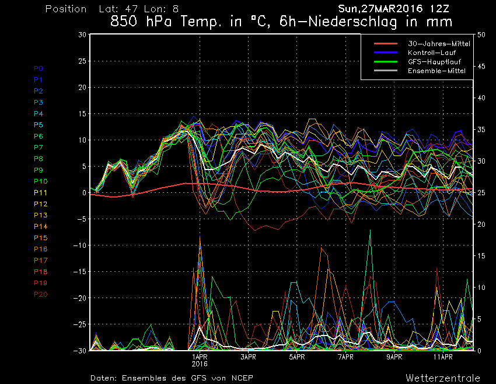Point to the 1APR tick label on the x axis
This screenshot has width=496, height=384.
(200, 356)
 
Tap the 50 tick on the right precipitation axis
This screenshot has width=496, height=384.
(481, 34)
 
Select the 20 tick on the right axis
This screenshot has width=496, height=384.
(481, 224)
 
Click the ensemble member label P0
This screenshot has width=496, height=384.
(39, 68)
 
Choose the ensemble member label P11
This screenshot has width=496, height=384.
(40, 192)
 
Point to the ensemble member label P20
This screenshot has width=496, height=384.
(40, 294)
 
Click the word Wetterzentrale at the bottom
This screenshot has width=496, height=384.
(443, 378)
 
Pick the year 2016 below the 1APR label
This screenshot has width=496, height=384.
(200, 364)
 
